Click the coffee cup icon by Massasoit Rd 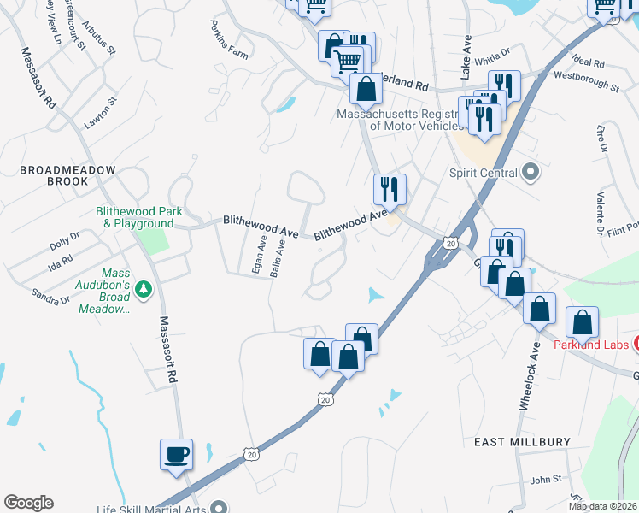(x=176, y=454)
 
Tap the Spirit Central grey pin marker (x=531, y=173)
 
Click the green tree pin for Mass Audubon (x=144, y=290)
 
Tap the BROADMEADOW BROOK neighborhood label (x=67, y=176)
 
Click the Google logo (x=28, y=503)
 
